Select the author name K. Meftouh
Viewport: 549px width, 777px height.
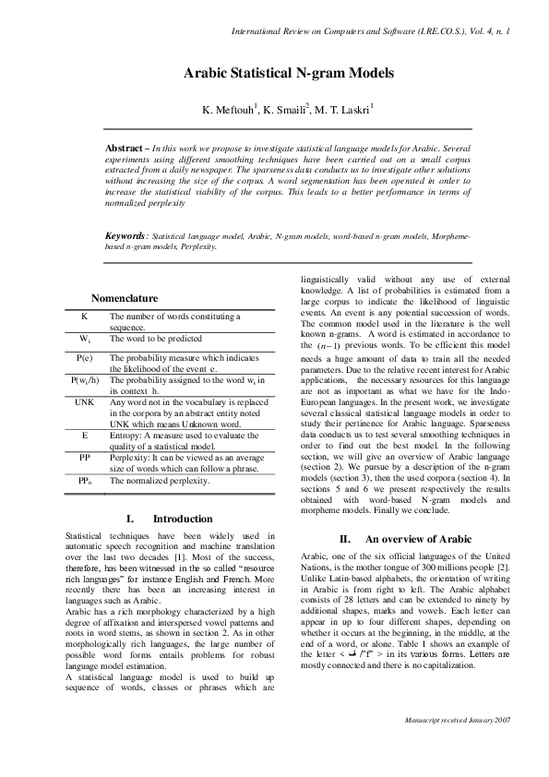227,110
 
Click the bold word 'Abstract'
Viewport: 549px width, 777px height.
126,147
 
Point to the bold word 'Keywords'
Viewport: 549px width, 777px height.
126,237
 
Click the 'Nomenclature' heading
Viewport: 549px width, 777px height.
125,298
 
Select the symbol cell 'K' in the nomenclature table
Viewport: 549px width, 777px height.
84,317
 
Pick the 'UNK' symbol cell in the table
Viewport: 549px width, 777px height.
84,402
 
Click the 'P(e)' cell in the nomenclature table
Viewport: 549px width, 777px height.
84,357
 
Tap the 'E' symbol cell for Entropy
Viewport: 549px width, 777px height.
84,433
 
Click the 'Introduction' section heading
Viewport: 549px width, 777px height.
182,519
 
